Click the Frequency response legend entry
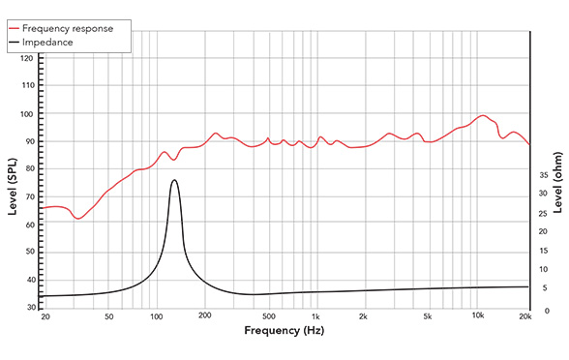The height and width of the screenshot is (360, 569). [x=72, y=28]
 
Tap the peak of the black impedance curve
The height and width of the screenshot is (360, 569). [x=174, y=180]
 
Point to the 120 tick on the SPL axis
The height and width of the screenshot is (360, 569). [x=27, y=59]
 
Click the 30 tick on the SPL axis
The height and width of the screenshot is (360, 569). [x=29, y=308]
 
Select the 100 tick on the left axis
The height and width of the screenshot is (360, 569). [x=27, y=114]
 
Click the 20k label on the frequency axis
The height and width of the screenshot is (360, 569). [x=525, y=317]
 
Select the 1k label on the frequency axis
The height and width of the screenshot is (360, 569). [x=315, y=317]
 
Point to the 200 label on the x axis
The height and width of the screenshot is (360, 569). [x=204, y=317]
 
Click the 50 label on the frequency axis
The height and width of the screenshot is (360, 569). [x=108, y=317]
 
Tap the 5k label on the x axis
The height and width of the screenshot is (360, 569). [x=426, y=317]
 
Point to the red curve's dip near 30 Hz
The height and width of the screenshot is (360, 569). [x=79, y=219]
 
